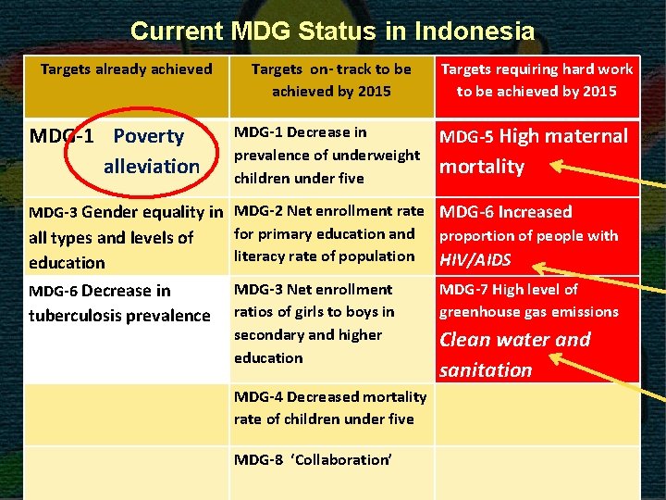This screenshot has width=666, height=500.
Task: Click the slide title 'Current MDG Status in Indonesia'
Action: coord(332,31)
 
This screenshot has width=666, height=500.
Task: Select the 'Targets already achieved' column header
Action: coord(126,69)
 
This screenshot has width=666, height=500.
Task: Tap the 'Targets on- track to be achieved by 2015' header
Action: coord(331,81)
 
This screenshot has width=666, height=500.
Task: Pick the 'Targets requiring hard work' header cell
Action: coord(536,81)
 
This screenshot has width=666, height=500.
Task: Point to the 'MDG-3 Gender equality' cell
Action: coord(126,236)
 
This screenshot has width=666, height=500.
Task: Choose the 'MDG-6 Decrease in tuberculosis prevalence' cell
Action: coord(119,303)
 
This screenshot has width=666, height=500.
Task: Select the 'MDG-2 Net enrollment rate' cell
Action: coord(328,233)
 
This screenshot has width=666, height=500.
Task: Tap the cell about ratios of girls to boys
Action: coord(314,323)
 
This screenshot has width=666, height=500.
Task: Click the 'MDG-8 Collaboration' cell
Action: coord(313,459)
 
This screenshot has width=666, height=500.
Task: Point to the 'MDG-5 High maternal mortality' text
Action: coord(533,151)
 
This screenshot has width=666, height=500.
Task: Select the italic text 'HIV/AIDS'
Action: coord(475,260)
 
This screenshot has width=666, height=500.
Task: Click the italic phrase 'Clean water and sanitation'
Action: coord(514,355)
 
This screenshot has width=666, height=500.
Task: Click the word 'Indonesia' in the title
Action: coord(475,31)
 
